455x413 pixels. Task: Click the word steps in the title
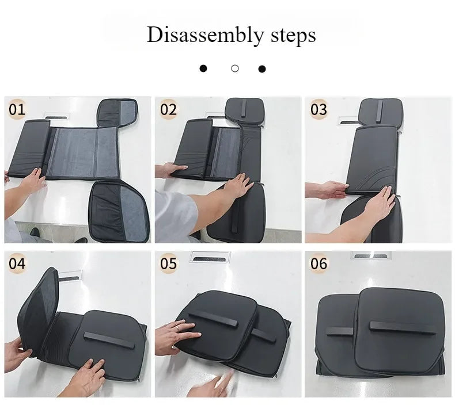click(292, 35)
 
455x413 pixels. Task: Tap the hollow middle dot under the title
click(234, 68)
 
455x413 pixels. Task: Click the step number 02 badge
click(169, 109)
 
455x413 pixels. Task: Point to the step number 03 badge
click(318, 109)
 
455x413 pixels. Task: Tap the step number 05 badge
click(169, 264)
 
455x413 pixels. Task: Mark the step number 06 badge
click(318, 264)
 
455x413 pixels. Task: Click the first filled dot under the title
click(203, 69)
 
